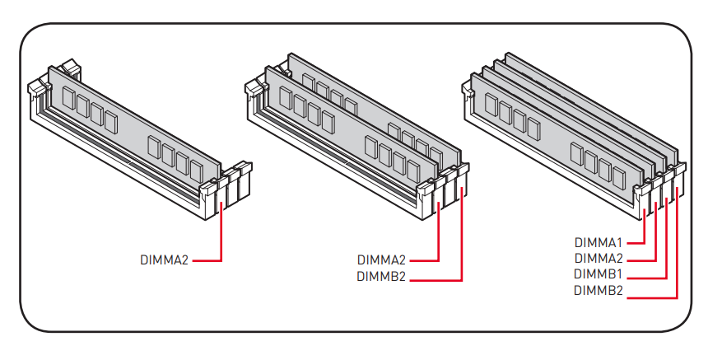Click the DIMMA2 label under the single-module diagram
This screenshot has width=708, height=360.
coord(164,260)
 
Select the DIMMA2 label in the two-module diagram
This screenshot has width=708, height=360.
coord(381,260)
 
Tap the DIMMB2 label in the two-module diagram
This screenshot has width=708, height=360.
coord(381,277)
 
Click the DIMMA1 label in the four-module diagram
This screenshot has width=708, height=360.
coord(599,242)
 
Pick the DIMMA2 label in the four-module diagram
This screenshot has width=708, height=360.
coord(599,259)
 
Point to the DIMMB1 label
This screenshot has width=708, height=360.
coord(599,274)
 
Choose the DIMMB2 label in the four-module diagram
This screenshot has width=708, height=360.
coord(599,291)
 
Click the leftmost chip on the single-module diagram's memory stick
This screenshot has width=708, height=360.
coord(68,98)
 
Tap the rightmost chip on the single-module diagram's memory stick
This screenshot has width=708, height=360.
coord(197,171)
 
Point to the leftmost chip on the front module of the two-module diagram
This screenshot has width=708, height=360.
coord(286,97)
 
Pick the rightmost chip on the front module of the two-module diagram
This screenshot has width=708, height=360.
coord(413,171)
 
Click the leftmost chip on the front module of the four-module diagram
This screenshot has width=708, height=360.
coord(491,105)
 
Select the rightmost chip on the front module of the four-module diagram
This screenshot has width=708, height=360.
coord(619,177)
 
